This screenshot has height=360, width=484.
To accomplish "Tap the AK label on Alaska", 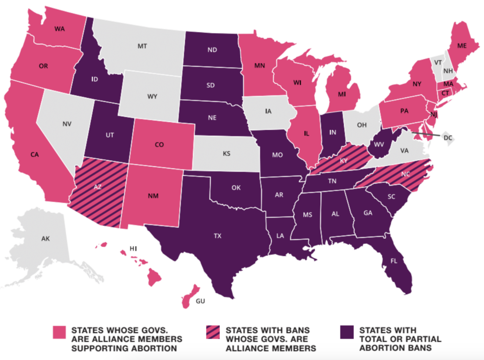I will [x=45, y=239].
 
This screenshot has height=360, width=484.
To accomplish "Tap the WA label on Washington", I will [x=59, y=28].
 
